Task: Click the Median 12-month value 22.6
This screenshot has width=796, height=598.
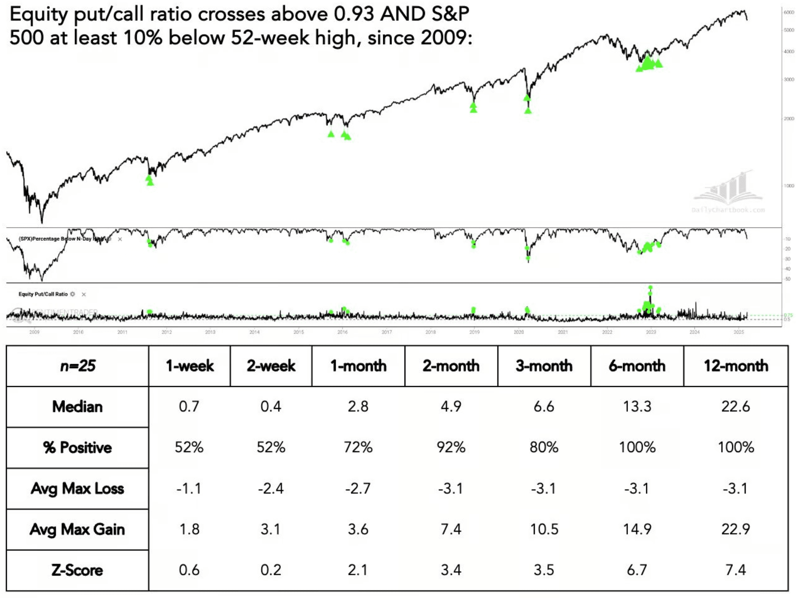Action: [736, 406]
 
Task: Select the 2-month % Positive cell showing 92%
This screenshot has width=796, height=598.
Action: [451, 447]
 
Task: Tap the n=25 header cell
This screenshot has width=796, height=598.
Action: [78, 366]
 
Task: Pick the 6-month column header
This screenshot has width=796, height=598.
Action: [637, 366]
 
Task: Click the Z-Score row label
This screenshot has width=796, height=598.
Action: [78, 570]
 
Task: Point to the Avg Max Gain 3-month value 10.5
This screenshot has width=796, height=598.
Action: [544, 529]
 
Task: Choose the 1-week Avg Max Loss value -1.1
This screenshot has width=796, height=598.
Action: [189, 488]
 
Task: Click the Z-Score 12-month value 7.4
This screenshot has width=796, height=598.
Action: [736, 570]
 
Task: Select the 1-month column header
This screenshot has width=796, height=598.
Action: [358, 366]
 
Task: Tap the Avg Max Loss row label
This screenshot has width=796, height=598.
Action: [78, 488]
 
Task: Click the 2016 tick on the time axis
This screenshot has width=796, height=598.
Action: [343, 332]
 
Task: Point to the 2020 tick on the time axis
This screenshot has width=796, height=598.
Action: [519, 332]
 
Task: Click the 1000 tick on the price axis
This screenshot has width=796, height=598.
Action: [789, 186]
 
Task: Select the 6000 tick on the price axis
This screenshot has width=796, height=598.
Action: [789, 12]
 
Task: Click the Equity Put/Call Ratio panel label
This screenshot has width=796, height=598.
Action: [43, 294]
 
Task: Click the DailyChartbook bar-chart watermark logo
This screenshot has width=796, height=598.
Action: [728, 190]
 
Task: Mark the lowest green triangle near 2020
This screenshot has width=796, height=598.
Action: [528, 111]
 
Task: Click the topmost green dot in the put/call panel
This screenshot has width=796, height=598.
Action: [650, 287]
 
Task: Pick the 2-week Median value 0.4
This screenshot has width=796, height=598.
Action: [271, 406]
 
